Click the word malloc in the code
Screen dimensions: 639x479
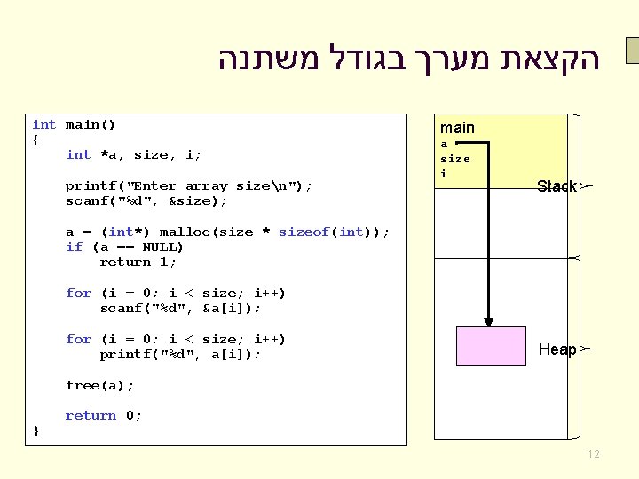point(181,232)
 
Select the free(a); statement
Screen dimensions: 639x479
point(99,385)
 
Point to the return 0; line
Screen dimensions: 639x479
point(103,416)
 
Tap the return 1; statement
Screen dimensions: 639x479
point(138,263)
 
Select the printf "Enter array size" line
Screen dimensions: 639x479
point(188,186)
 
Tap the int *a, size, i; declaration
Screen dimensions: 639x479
point(133,155)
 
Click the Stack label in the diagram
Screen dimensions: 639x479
point(556,186)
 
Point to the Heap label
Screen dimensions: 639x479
point(557,349)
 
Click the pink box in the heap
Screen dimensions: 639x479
point(491,347)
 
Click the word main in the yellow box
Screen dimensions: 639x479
point(457,129)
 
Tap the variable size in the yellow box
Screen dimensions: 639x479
point(455,159)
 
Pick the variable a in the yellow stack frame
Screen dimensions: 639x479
point(445,145)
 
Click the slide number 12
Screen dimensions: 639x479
point(593,454)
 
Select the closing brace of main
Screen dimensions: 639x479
point(35,431)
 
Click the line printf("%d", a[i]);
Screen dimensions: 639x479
point(180,355)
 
